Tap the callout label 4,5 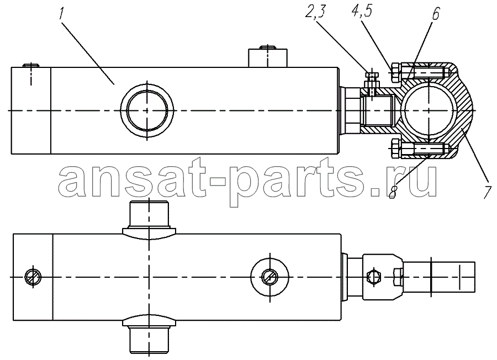[361, 12]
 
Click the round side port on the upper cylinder [147, 110]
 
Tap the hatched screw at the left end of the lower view [33, 277]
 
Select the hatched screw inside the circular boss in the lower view [269, 277]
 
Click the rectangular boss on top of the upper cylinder [268, 57]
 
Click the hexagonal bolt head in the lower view [373, 277]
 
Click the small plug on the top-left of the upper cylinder [31, 66]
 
